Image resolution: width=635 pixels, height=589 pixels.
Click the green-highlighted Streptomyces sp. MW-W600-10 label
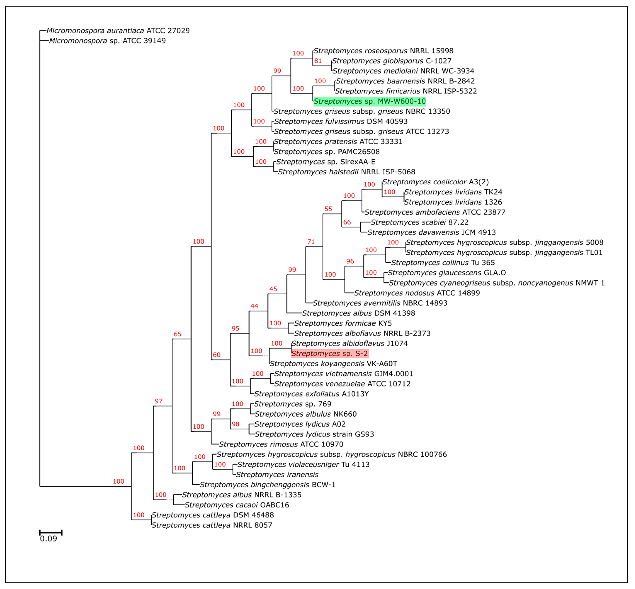[x=369, y=101]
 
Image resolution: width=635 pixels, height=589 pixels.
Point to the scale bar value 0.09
[x=49, y=539]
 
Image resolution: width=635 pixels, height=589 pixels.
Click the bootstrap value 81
[x=318, y=61]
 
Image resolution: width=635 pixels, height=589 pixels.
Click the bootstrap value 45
[x=273, y=289]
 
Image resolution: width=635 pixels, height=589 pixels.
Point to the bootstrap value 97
[x=159, y=401]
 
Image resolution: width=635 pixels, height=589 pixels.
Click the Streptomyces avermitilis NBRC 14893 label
[x=380, y=303]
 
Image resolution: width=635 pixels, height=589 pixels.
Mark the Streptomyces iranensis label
[x=277, y=475]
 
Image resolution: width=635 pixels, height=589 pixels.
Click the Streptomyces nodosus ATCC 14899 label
[x=417, y=293]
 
